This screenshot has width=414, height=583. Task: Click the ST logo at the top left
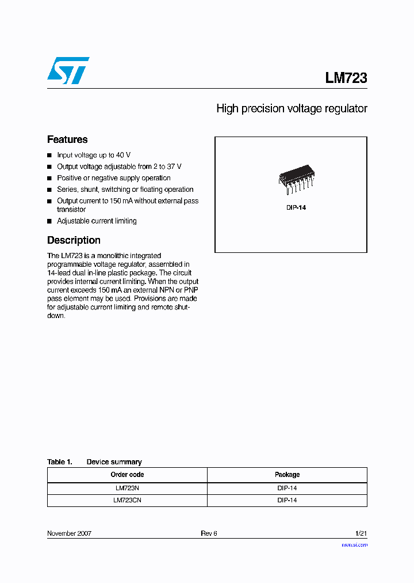click(68, 71)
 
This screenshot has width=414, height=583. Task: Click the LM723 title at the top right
click(346, 78)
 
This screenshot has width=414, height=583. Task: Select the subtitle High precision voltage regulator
click(292, 108)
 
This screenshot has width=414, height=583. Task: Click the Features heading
click(67, 139)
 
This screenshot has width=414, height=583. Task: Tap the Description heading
click(74, 240)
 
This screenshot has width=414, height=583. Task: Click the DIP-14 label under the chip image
click(296, 207)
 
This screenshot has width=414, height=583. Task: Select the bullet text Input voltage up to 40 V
click(94, 155)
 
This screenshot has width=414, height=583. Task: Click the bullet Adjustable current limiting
click(97, 221)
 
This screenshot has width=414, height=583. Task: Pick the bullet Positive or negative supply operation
click(114, 178)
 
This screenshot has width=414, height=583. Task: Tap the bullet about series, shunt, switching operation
click(125, 190)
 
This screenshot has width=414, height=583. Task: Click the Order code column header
click(127, 475)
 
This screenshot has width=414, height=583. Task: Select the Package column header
click(287, 475)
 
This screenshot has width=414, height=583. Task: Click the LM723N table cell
click(127, 488)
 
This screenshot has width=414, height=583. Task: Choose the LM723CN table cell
click(127, 501)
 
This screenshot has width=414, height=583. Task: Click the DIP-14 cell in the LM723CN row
click(287, 501)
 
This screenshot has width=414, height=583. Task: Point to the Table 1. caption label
click(60, 462)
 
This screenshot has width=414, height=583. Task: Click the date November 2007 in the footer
click(69, 533)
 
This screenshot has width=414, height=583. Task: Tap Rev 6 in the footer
click(209, 533)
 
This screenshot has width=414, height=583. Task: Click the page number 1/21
click(361, 533)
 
